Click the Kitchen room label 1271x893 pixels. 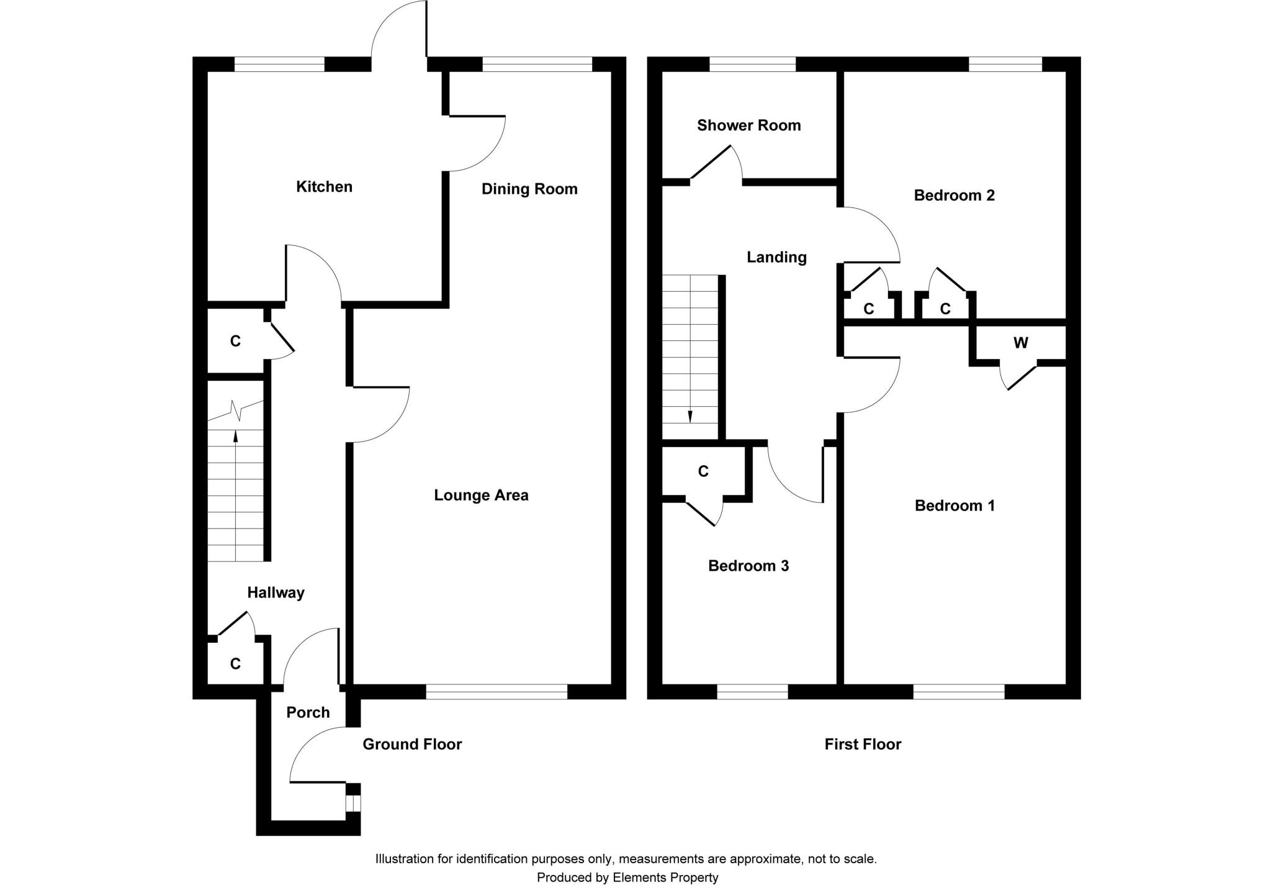[324, 186]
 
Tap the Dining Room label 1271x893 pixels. [529, 189]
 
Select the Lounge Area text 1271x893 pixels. [481, 495]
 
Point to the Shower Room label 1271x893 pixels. [748, 125]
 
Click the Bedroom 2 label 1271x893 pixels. [954, 196]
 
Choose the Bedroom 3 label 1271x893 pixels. [748, 566]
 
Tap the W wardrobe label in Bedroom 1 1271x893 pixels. [1020, 343]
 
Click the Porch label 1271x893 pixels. [308, 712]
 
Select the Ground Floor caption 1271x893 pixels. [412, 744]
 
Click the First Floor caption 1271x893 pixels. [862, 744]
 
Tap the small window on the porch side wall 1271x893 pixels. [353, 803]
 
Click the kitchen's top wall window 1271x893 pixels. [279, 64]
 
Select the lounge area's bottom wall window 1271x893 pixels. [496, 692]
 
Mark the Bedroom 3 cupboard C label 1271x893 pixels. [703, 472]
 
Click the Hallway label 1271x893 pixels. [276, 592]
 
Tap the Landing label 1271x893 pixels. [776, 257]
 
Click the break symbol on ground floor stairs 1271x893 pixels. [235, 410]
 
